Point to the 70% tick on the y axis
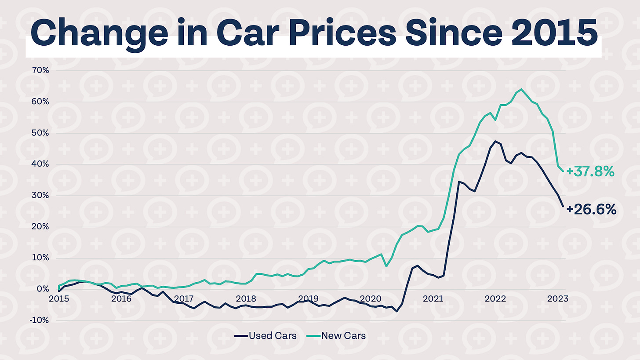tap(39, 70)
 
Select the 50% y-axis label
tap(39, 133)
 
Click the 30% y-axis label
tap(39, 196)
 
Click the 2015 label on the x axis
tap(59, 299)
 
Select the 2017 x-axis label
tap(184, 299)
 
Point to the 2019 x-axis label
tap(308, 299)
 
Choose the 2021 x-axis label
tap(433, 299)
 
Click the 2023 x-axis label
tap(557, 299)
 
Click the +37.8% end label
tap(590, 171)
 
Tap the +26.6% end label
tap(591, 210)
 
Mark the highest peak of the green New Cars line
tap(521, 89)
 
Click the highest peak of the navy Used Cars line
tap(496, 141)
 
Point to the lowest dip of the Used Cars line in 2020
tap(397, 311)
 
